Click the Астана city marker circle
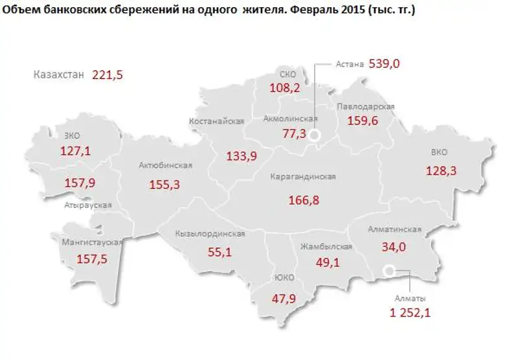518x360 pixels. (315, 135)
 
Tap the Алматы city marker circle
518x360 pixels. (388, 271)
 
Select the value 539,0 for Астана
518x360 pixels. (385, 63)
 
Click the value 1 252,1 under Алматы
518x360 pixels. (410, 313)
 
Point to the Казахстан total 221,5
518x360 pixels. (107, 75)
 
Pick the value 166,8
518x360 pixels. (304, 200)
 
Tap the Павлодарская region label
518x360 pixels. (366, 106)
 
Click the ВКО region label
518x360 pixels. (440, 153)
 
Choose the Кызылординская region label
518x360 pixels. (210, 234)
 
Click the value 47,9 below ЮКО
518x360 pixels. (283, 299)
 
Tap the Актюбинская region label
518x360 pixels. (165, 165)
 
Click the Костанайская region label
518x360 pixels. (216, 121)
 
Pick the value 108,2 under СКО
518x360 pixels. (284, 87)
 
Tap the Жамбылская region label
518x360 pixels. (326, 247)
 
